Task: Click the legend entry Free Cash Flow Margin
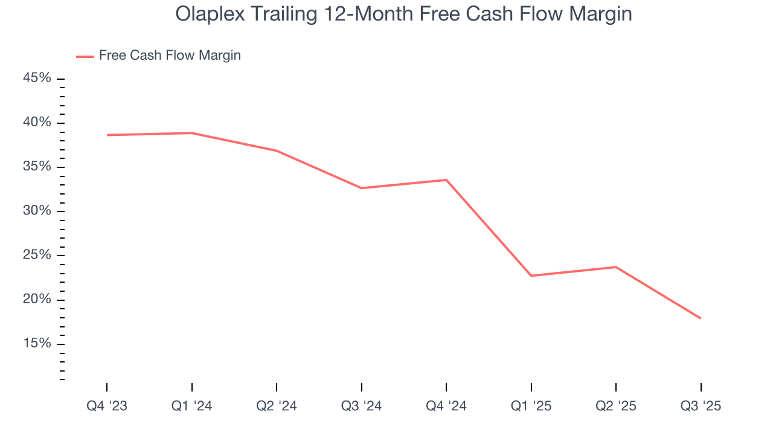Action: (170, 56)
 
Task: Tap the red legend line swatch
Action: (85, 56)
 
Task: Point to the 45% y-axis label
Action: (37, 79)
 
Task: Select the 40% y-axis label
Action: (37, 123)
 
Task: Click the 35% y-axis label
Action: (37, 167)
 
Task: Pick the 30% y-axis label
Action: (37, 211)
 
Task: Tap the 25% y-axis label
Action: (37, 255)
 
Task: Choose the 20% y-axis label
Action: (37, 300)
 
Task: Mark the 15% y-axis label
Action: (37, 344)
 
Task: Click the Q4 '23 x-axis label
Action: (107, 407)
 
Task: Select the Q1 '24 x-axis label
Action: (192, 407)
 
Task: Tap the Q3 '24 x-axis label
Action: (361, 407)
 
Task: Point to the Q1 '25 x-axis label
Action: (531, 407)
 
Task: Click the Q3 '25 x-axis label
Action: (701, 407)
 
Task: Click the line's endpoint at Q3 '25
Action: (701, 318)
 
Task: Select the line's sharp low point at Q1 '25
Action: (531, 275)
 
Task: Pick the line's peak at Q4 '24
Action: (446, 180)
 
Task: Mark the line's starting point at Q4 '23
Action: (107, 135)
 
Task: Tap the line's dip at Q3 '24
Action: (361, 188)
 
